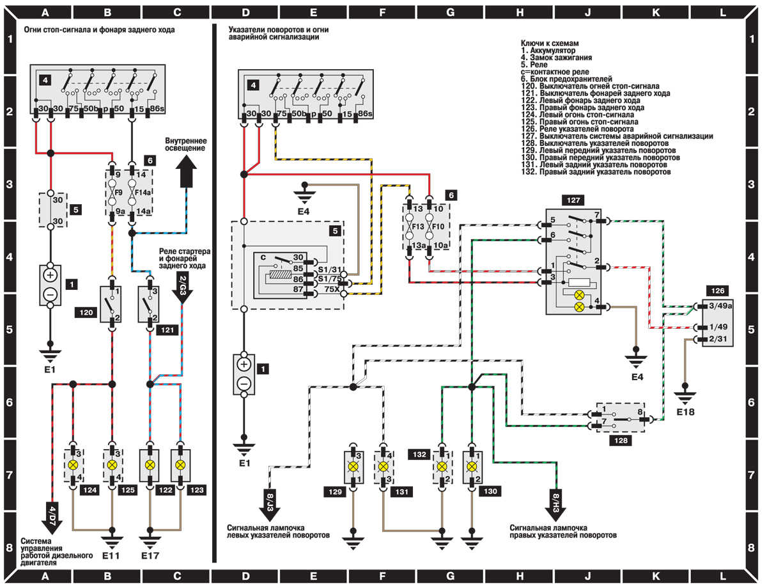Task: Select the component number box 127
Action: pyautogui.click(x=571, y=200)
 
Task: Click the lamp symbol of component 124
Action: pyautogui.click(x=74, y=465)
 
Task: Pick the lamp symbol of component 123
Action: pyautogui.click(x=180, y=465)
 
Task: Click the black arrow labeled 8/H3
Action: pyautogui.click(x=555, y=500)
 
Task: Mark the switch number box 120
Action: pyautogui.click(x=86, y=314)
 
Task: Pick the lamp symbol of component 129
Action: pyautogui.click(x=352, y=465)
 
